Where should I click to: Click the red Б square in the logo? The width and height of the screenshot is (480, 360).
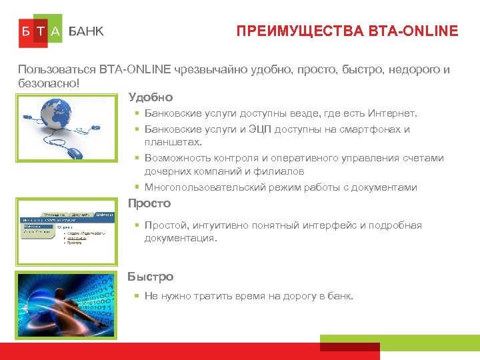tap(25, 31)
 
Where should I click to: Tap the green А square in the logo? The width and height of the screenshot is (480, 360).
tap(55, 31)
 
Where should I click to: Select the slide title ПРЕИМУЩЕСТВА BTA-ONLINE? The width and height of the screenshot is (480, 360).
tap(347, 31)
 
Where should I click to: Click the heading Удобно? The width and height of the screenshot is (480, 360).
tap(151, 97)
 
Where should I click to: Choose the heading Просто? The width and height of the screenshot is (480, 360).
tap(149, 203)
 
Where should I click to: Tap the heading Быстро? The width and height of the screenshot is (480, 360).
tap(151, 277)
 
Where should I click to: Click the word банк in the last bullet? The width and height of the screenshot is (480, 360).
tap(341, 296)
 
